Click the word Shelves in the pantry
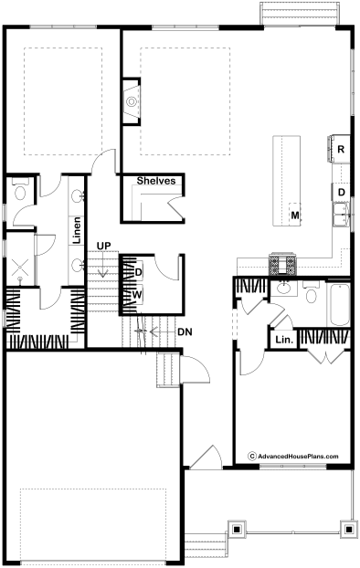[x=156, y=181]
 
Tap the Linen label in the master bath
[x=77, y=230]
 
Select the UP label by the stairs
[x=103, y=246]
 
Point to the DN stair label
[x=185, y=331]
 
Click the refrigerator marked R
[x=340, y=149]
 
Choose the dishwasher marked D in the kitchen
[x=341, y=192]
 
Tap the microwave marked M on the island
[x=295, y=216]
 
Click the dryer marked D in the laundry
[x=138, y=272]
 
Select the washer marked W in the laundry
[x=137, y=295]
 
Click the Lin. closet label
[x=284, y=340]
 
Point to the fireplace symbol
[x=132, y=101]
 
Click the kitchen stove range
[x=282, y=264]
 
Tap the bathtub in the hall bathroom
[x=339, y=305]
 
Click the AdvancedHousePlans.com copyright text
[x=293, y=456]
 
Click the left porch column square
[x=237, y=530]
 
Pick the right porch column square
[x=349, y=530]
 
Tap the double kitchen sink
[x=342, y=215]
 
